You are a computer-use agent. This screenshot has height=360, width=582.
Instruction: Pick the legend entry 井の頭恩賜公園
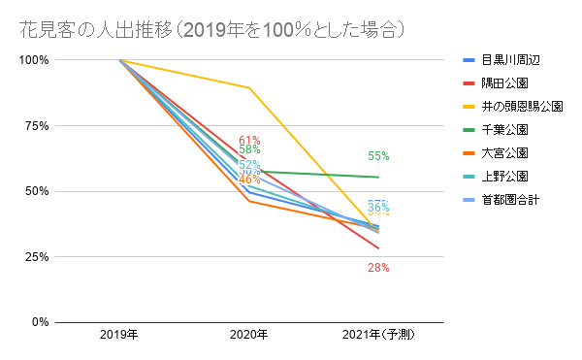tap(522, 106)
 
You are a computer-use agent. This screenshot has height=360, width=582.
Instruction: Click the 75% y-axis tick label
tap(36, 126)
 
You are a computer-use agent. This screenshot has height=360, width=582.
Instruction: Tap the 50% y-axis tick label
tap(36, 191)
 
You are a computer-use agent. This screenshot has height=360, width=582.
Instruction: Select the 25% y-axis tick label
tap(36, 257)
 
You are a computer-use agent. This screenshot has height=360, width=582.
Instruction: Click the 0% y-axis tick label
tap(39, 322)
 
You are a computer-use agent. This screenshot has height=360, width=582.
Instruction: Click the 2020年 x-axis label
tap(249, 336)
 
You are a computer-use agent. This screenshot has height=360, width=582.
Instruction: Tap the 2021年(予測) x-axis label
tap(378, 336)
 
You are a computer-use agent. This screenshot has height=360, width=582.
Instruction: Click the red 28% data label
tap(378, 267)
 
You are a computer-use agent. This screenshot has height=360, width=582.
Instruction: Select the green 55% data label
tap(378, 155)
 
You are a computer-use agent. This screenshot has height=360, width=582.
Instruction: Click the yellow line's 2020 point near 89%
tap(249, 88)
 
